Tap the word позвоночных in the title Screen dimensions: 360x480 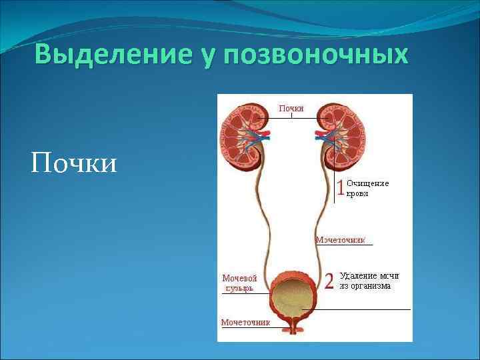pos(317,55)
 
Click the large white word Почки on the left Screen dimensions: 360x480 pos(73,162)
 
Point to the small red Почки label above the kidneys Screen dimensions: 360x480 pos(291,108)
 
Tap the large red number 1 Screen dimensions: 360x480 pos(340,188)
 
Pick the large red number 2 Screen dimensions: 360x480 pos(329,281)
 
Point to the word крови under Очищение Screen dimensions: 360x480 pos(357,193)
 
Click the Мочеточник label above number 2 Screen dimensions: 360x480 pos(341,239)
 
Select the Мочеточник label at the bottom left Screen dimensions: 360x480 pos(245,322)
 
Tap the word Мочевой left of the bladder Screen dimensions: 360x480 pos(239,277)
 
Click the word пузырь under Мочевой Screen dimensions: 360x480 pos(239,288)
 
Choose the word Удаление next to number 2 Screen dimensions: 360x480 pos(360,275)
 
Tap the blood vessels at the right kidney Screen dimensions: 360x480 pos(324,136)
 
